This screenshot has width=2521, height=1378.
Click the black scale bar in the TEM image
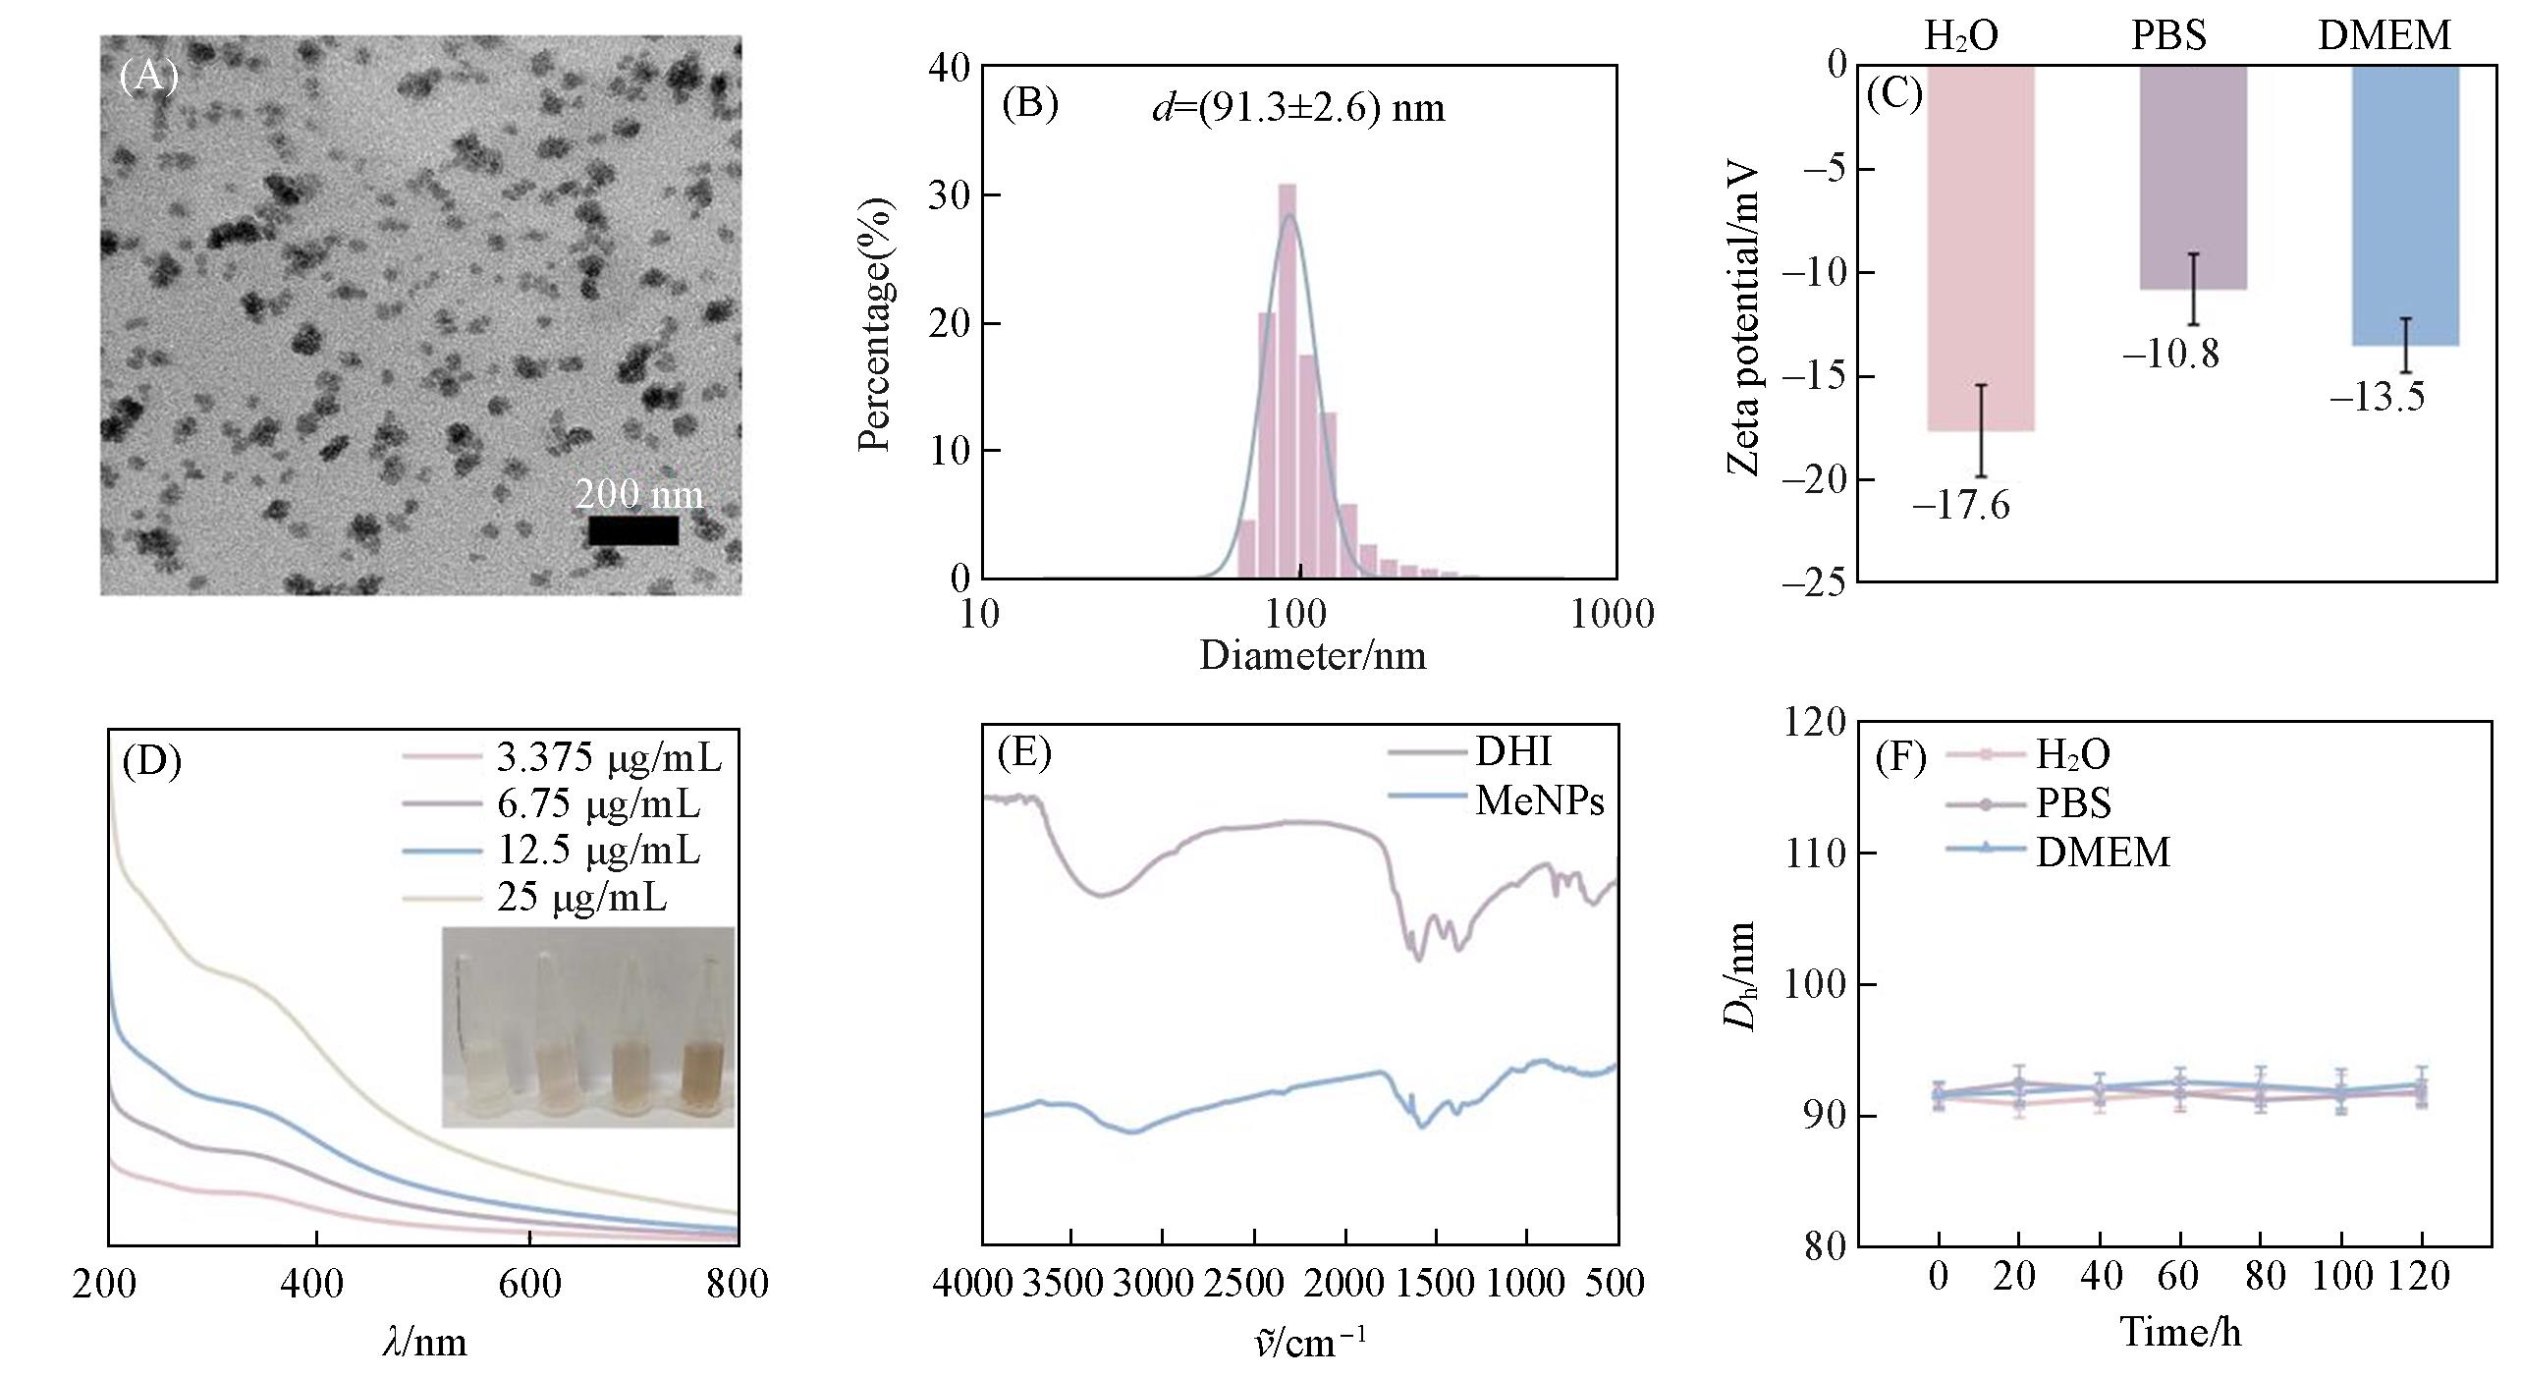633,530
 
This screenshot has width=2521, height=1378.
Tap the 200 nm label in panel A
639,494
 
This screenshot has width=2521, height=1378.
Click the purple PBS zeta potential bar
2193,177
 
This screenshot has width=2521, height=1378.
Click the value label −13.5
2377,398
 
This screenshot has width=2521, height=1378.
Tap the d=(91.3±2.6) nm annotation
1298,108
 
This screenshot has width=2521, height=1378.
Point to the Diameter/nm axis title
1312,655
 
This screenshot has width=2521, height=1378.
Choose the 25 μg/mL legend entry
581,898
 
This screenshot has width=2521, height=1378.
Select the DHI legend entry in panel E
1512,752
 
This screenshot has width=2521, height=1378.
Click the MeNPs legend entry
1539,801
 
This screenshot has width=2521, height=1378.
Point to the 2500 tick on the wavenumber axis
1252,1283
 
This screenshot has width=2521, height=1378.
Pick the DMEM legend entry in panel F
2103,853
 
